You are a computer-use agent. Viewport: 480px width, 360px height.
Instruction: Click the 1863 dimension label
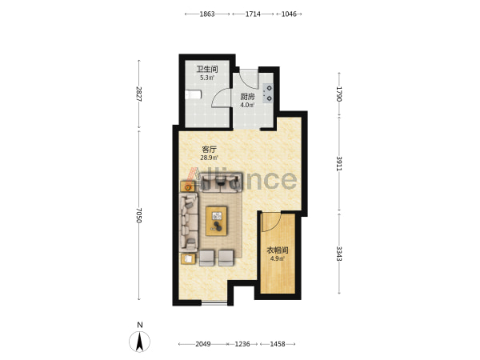click(x=207, y=14)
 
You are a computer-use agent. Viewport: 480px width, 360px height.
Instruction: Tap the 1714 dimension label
click(x=253, y=14)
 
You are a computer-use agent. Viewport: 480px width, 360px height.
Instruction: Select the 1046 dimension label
click(x=289, y=14)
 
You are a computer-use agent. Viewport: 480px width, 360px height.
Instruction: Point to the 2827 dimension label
click(x=139, y=94)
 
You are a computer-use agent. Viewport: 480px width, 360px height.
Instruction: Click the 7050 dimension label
click(x=139, y=215)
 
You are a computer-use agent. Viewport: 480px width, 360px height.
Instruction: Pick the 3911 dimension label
click(x=339, y=164)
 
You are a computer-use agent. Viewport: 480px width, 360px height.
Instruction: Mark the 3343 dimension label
click(x=339, y=254)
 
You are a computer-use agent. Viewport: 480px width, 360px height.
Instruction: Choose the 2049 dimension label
click(x=203, y=344)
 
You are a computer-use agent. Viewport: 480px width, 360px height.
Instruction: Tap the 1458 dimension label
click(x=278, y=344)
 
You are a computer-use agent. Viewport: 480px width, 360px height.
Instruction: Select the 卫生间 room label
click(x=207, y=69)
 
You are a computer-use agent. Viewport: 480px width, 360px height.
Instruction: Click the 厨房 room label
click(x=247, y=97)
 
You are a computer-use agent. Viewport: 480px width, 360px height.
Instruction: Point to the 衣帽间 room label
click(x=278, y=250)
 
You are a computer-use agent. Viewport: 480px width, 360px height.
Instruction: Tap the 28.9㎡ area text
click(x=209, y=158)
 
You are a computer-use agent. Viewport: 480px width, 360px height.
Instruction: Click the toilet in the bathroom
click(x=193, y=94)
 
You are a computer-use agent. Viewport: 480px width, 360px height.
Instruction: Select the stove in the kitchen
click(x=269, y=93)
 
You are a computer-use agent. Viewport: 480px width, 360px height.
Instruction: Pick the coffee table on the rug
click(x=217, y=222)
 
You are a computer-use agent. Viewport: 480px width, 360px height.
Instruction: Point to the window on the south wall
click(x=214, y=303)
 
